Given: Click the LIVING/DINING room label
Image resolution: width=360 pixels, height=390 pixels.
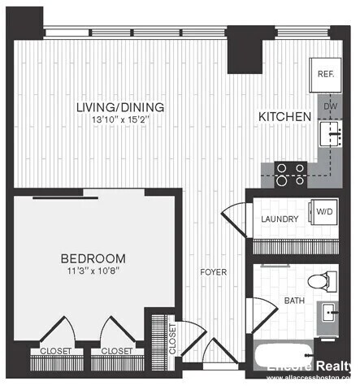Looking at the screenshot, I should click(119, 107).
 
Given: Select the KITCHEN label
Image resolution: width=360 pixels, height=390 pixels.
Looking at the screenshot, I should click(284, 117).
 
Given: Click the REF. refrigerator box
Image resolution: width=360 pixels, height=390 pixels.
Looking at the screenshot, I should click(326, 74).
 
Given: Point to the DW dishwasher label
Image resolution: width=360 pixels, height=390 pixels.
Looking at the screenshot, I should click(331, 106).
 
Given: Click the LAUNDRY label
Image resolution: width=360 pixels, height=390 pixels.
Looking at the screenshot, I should click(280, 219).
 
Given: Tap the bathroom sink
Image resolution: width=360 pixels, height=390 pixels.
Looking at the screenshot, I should click(331, 314).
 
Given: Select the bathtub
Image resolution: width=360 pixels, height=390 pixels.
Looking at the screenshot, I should click(284, 356).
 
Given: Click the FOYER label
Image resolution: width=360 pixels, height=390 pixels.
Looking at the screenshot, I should click(215, 271).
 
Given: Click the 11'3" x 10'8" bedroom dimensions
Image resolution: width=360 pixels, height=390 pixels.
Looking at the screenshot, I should click(93, 272).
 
